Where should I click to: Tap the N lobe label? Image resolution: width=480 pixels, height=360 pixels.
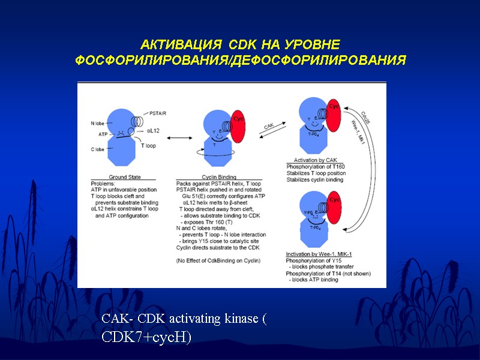coord(98,123)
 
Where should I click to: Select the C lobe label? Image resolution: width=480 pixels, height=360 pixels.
coord(98,149)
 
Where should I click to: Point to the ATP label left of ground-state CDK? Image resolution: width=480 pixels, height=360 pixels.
coord(103,134)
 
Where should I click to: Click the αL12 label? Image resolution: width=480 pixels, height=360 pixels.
coord(153,130)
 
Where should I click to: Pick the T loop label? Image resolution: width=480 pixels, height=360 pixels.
coord(149,146)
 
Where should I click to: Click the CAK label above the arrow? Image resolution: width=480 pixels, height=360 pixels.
coord(269,127)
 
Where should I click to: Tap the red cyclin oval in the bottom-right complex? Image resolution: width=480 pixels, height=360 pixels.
coord(334,205)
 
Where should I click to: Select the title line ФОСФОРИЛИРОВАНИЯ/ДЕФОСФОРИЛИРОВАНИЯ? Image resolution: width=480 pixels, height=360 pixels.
coord(240,61)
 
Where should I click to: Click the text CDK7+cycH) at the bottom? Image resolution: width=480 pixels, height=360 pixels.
coord(146,337)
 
